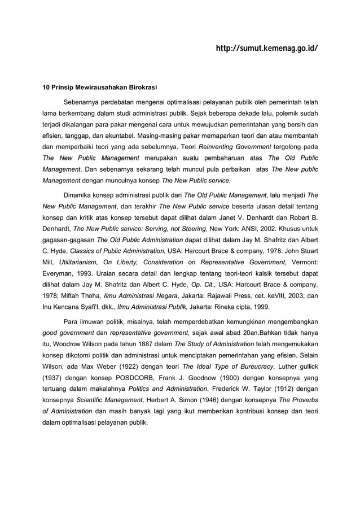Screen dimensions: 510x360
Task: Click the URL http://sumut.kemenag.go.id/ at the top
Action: pyautogui.click(x=266, y=49)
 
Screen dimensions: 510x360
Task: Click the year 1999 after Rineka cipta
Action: pyautogui.click(x=260, y=307)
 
